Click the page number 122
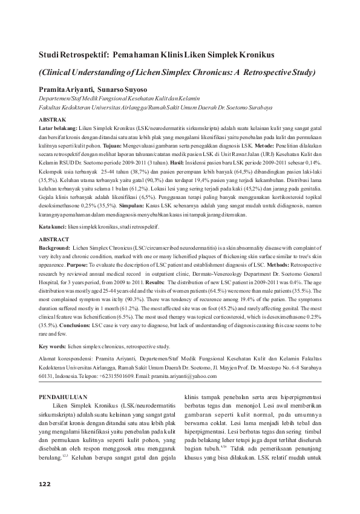(x=44, y=484)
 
